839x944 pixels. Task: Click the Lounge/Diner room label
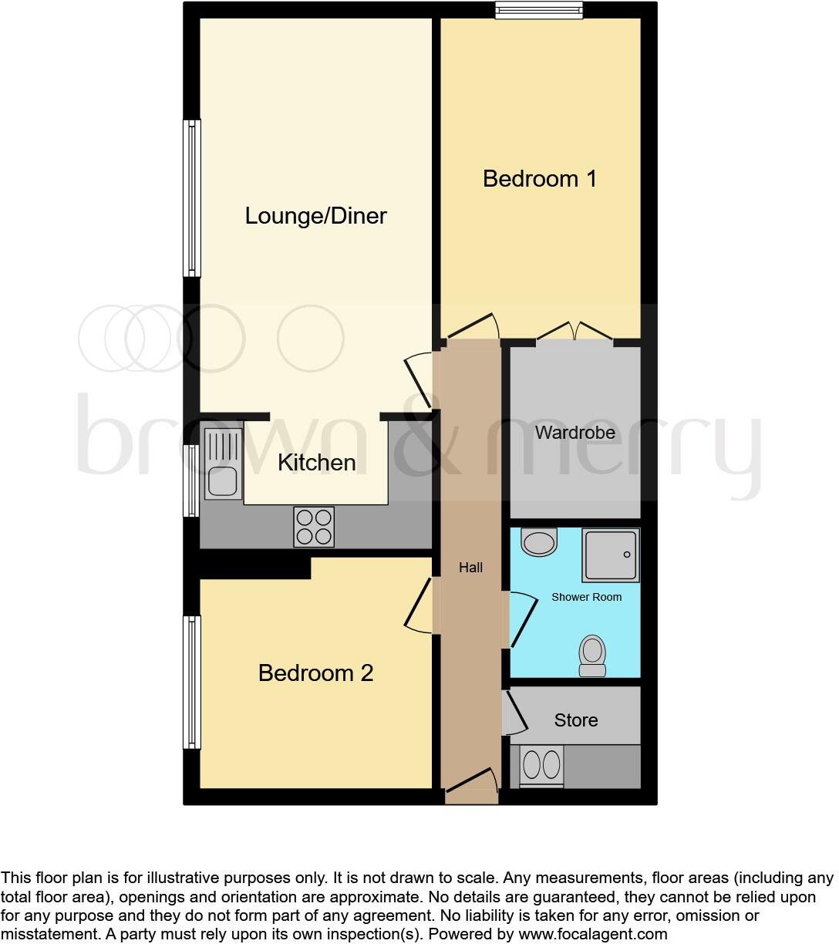point(315,216)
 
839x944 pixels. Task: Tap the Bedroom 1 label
point(539,179)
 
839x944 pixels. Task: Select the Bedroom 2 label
point(315,673)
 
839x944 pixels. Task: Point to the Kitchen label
point(316,463)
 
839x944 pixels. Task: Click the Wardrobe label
point(575,433)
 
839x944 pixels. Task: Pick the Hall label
point(470,568)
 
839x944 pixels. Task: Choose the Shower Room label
point(586,597)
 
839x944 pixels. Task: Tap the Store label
point(575,720)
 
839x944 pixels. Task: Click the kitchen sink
point(223,463)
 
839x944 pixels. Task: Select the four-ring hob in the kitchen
point(314,527)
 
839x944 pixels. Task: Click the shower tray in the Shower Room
point(611,555)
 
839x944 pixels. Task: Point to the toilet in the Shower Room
point(592,656)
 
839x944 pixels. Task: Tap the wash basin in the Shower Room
point(539,542)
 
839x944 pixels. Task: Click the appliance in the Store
point(541,766)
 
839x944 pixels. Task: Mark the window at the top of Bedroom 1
point(538,10)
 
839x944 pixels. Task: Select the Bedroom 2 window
point(191,682)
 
